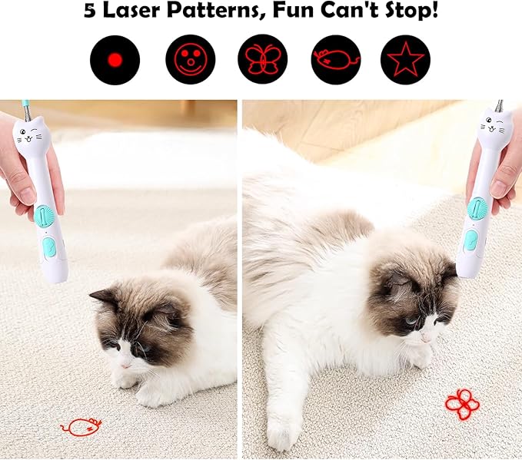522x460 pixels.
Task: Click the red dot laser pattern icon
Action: point(115,59)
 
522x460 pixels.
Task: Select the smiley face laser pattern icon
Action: point(190,59)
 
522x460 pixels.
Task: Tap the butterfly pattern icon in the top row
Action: point(262,59)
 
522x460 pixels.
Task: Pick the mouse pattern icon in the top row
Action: point(335,59)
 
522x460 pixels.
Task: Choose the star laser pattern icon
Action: point(405,59)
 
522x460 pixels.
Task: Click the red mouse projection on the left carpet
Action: point(81,426)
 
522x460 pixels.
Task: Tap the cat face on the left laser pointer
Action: point(32,138)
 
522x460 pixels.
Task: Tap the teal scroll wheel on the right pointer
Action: point(476,209)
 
